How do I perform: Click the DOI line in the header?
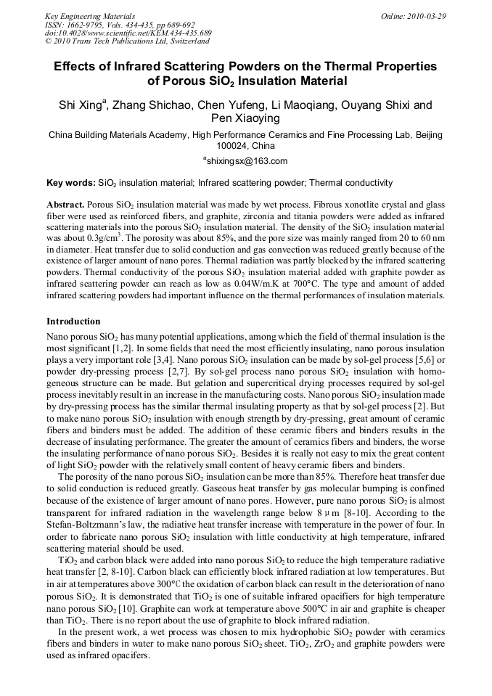point(128,33)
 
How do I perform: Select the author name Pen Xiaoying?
point(246,119)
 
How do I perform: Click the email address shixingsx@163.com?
point(246,161)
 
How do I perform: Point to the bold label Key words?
point(70,183)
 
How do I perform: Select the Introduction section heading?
point(73,321)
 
